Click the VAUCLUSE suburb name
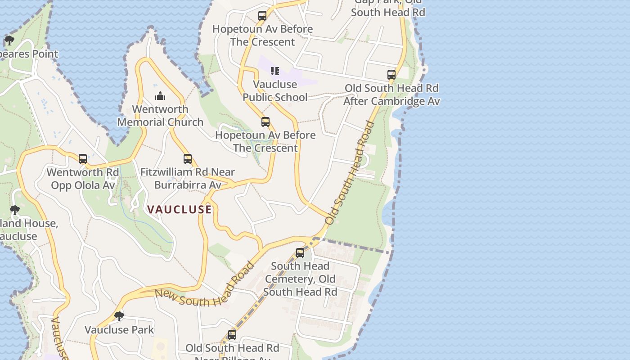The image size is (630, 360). point(179,209)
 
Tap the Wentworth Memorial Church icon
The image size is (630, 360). point(160,96)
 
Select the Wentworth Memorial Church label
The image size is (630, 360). point(160,116)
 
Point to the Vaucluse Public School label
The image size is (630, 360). point(275,90)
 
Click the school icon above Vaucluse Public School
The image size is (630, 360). point(275,71)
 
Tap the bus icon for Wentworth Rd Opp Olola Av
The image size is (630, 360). point(83,158)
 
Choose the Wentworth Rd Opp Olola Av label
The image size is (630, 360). point(83,179)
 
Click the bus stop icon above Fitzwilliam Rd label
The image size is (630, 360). point(188,158)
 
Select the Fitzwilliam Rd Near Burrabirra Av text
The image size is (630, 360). point(188,178)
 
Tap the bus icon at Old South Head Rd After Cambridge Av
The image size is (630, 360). point(391,74)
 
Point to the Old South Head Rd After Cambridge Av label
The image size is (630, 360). point(391,94)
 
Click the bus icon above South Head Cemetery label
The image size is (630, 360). point(300,253)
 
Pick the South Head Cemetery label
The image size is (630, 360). point(300,279)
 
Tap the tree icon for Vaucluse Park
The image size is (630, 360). point(119,316)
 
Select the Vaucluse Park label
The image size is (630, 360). point(119,330)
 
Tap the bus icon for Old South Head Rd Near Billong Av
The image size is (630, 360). point(232,334)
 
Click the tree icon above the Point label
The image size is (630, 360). point(9,40)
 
